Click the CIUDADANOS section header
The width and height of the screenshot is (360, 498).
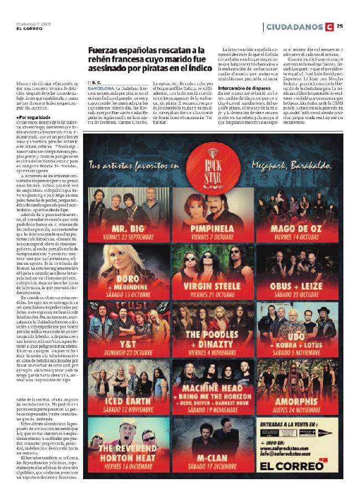294,27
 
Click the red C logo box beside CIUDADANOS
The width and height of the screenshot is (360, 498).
330,27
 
